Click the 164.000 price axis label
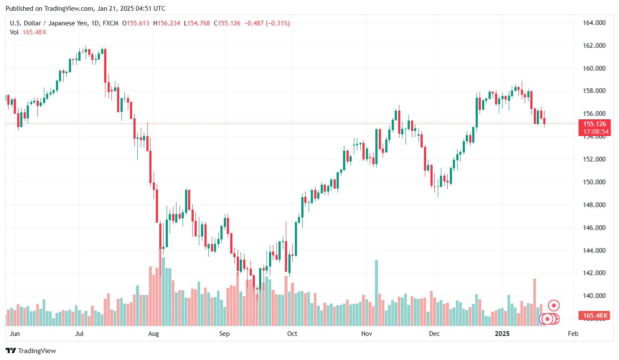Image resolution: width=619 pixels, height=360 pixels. point(594,23)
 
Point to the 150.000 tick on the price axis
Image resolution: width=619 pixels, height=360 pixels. point(594,182)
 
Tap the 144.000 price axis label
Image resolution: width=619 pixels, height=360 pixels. point(594,251)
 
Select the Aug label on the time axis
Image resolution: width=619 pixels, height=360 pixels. point(153,334)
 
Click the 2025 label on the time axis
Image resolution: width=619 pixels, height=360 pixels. point(502,334)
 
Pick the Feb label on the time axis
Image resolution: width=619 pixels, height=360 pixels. point(573,334)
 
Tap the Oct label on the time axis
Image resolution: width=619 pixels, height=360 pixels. point(292,334)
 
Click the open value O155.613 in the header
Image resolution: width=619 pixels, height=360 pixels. point(136,23)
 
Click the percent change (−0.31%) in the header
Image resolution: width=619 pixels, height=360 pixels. point(277,23)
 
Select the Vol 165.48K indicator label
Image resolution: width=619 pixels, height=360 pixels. point(28,32)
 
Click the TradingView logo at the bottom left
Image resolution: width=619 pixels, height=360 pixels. point(31,351)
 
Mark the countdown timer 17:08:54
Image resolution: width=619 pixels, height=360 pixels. point(596,131)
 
